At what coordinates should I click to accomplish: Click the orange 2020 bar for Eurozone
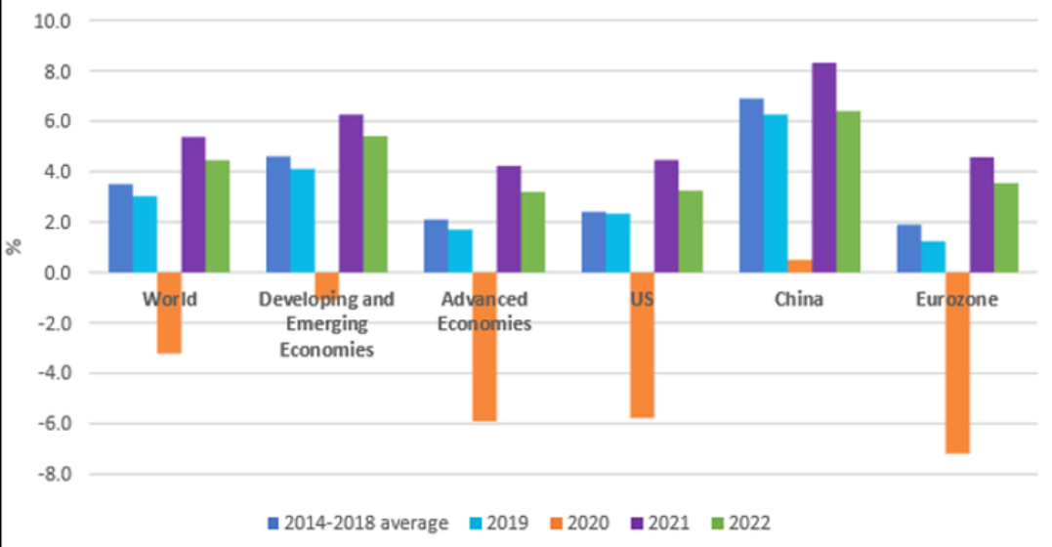click(957, 362)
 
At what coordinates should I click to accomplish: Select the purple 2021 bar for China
click(824, 167)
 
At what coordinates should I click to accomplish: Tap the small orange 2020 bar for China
click(800, 266)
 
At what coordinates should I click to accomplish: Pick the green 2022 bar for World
click(217, 216)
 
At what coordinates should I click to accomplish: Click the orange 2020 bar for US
click(642, 345)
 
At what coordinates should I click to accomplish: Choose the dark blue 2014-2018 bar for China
click(751, 185)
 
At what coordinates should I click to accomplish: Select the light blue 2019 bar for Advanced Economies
click(460, 251)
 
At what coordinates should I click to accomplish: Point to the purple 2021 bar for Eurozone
click(982, 214)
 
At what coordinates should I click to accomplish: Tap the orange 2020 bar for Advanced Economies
click(484, 347)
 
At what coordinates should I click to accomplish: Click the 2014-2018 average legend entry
click(358, 524)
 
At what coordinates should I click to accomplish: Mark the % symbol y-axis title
click(15, 244)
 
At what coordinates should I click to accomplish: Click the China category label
click(799, 299)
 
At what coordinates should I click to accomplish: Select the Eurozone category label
click(957, 299)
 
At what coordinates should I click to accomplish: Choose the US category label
click(642, 299)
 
